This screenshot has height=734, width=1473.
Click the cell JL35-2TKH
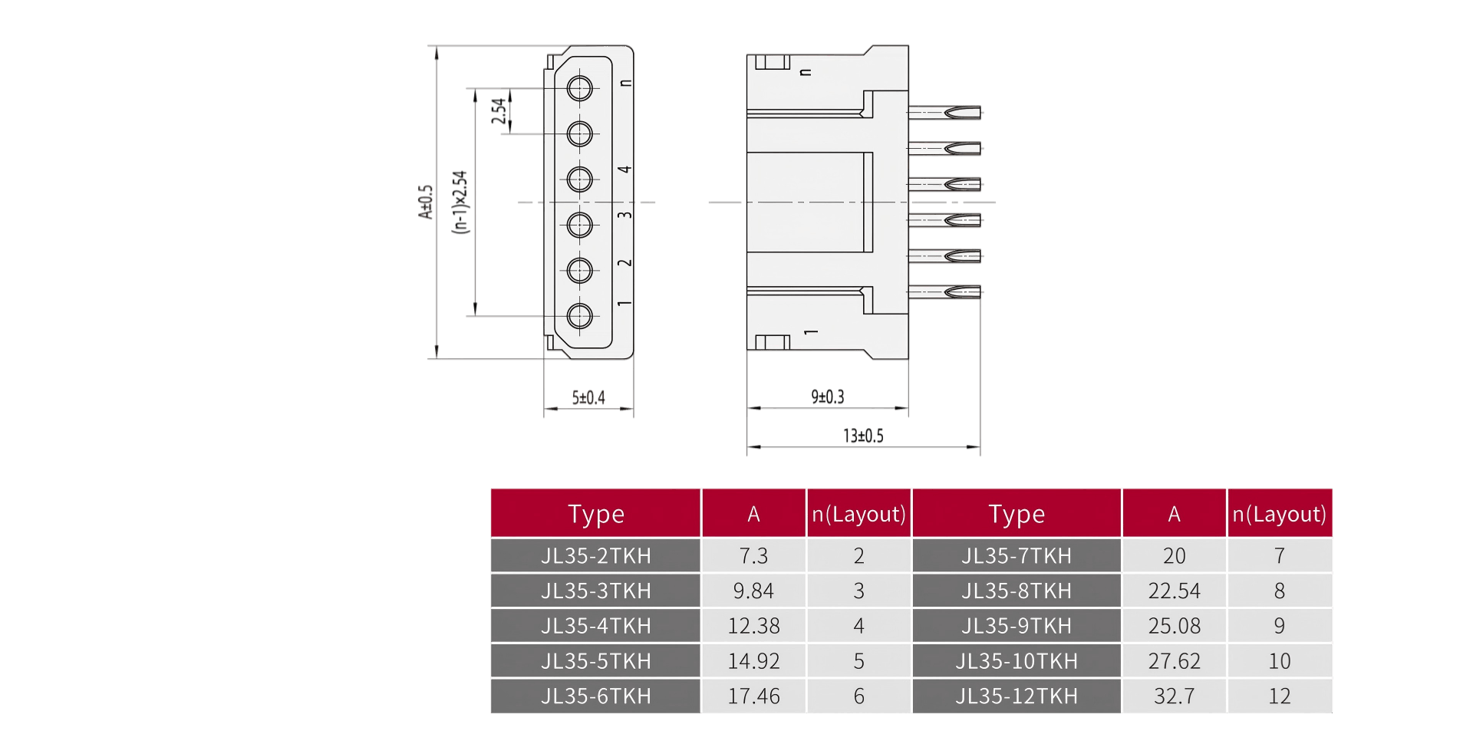coord(595,555)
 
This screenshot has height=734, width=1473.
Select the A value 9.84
coord(753,591)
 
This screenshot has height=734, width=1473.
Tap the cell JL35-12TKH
coord(1017,696)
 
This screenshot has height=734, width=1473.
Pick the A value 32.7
coord(1174,696)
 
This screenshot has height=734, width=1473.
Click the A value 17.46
coord(753,696)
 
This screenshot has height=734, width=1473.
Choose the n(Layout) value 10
coord(1279,660)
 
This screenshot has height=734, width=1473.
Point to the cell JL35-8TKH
coord(1017,591)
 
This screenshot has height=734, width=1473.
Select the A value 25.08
coord(1174,626)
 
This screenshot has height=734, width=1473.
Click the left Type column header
coord(595,513)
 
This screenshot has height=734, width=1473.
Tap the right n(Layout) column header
coord(1279,513)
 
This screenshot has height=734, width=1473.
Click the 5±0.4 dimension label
coord(588,397)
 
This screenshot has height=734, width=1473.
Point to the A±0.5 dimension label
coord(426,202)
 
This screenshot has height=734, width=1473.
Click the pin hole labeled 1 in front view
coord(579,315)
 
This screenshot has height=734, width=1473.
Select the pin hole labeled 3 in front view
coord(579,225)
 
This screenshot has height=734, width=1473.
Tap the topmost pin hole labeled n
coord(579,88)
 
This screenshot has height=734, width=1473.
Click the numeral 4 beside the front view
coord(625,170)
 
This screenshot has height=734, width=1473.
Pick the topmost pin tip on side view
coord(963,113)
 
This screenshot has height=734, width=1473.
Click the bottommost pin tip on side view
coord(963,291)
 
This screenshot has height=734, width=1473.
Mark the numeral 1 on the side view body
coord(811,332)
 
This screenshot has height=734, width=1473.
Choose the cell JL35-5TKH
coord(595,660)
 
